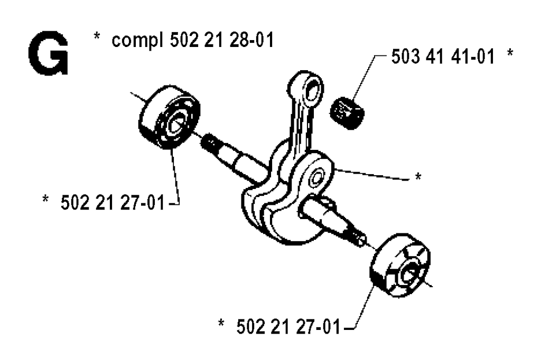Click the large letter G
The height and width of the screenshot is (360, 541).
pyautogui.click(x=48, y=55)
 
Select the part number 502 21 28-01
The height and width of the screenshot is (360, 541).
pyautogui.click(x=222, y=40)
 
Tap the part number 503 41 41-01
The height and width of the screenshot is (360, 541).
pyautogui.click(x=443, y=56)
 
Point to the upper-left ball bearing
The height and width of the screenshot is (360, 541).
pyautogui.click(x=169, y=117)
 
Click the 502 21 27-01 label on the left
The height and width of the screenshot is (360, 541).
pyautogui.click(x=113, y=202)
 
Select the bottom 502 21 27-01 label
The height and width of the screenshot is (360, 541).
pyautogui.click(x=288, y=327)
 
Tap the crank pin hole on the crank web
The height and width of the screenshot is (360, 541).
pyautogui.click(x=317, y=178)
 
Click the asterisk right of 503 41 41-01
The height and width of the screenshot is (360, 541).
pyautogui.click(x=510, y=53)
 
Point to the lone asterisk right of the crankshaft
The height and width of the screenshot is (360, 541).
pyautogui.click(x=418, y=176)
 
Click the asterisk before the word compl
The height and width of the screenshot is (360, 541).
pyautogui.click(x=97, y=36)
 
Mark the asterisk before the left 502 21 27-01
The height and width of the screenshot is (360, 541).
pyautogui.click(x=45, y=199)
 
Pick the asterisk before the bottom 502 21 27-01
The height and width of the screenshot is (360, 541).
pyautogui.click(x=221, y=323)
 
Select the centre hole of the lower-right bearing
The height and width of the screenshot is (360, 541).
pyautogui.click(x=410, y=272)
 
